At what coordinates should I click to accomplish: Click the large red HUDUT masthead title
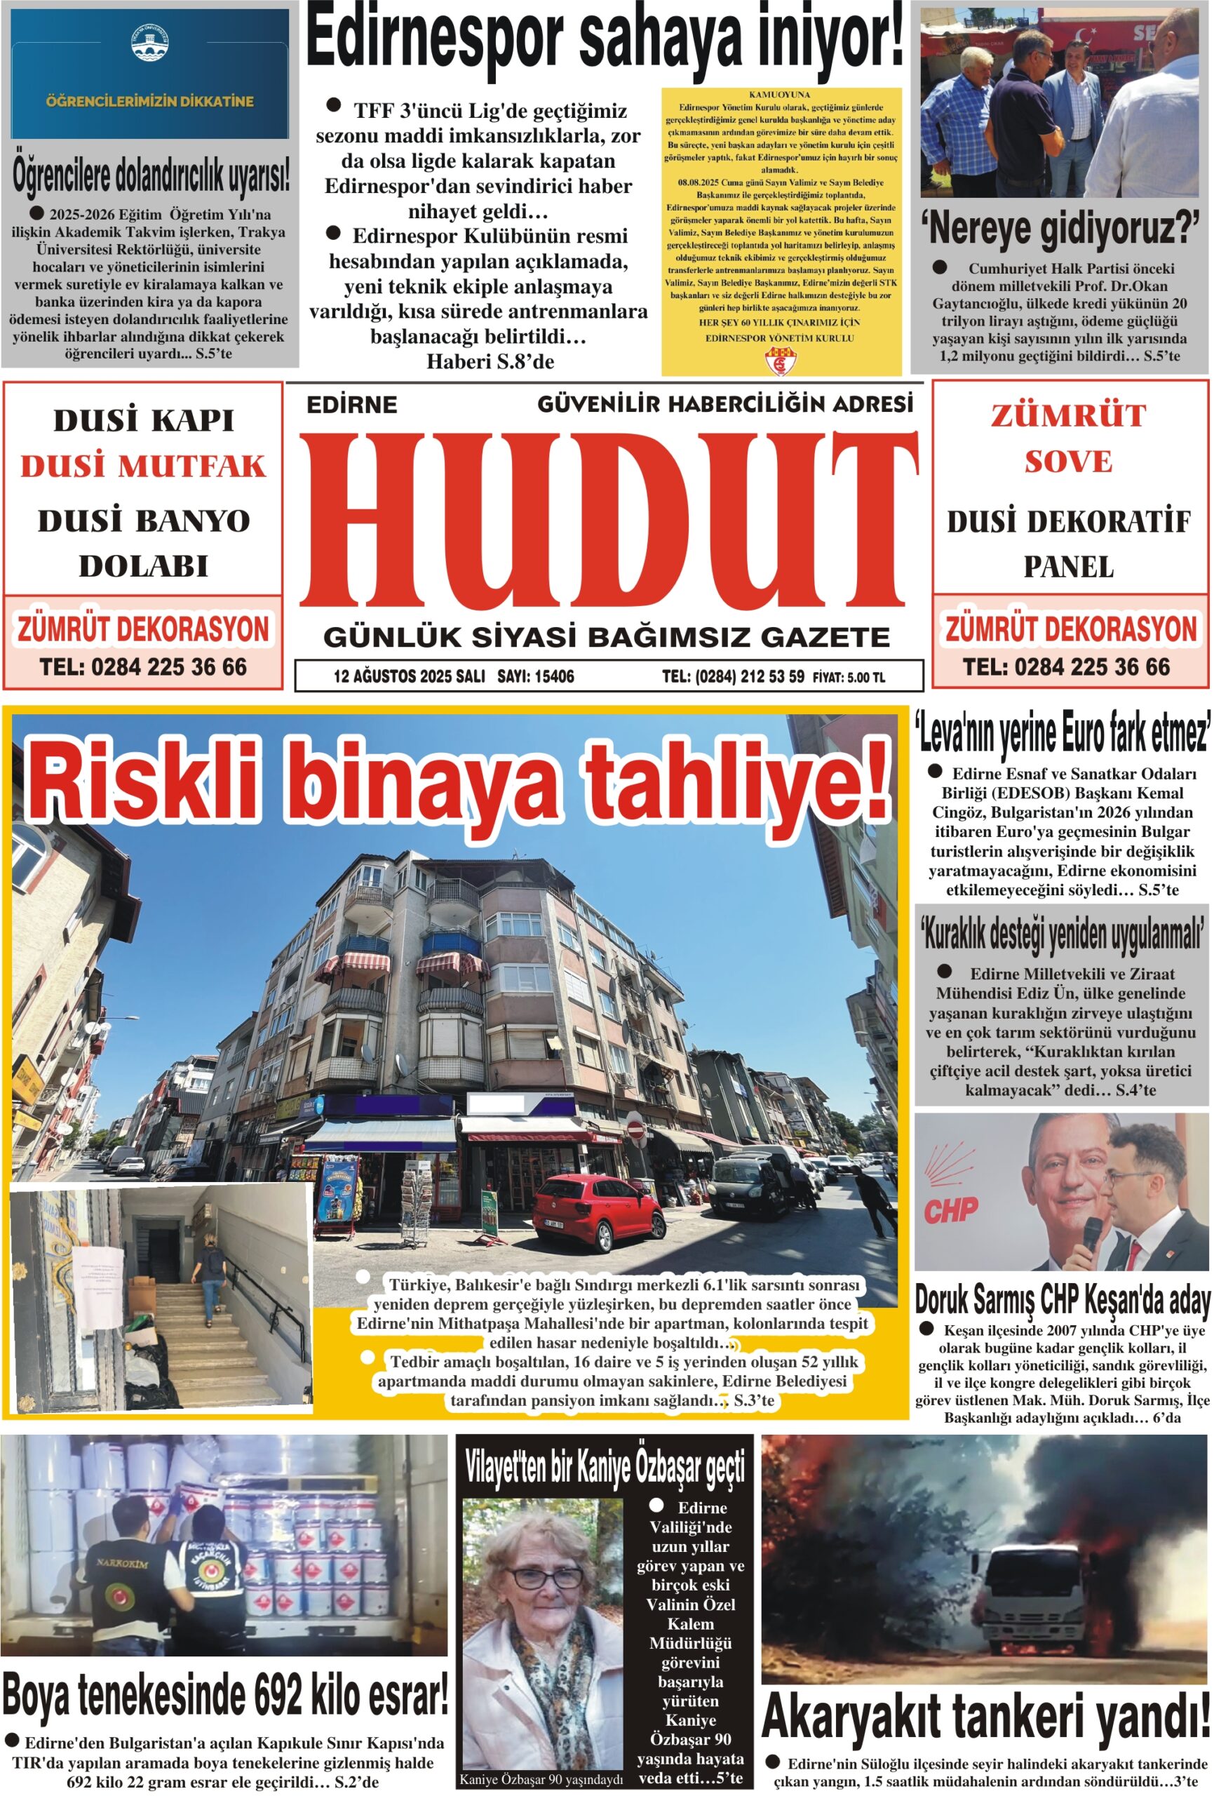tap(608, 519)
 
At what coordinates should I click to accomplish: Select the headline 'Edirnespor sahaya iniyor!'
tap(605, 39)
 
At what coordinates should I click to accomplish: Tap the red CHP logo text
tap(950, 1210)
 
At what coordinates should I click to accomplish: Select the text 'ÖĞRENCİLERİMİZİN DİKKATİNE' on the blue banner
tap(149, 101)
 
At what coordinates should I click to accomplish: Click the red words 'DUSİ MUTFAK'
tap(143, 466)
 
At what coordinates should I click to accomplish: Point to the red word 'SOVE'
tap(1069, 462)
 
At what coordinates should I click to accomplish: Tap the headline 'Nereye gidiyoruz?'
tap(1060, 229)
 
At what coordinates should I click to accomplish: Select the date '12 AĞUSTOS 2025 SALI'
tap(409, 677)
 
